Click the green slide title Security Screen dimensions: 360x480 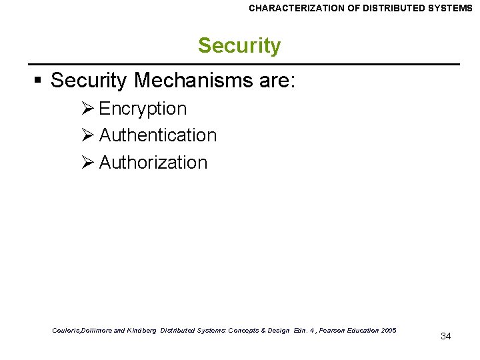239,45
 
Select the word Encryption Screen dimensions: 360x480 143,109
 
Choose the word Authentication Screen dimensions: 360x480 158,135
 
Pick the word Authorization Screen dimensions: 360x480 153,162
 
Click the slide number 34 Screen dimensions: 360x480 446,336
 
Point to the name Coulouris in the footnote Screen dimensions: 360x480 69,330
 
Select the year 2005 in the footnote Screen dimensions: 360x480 387,330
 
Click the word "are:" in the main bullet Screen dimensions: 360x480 279,81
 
